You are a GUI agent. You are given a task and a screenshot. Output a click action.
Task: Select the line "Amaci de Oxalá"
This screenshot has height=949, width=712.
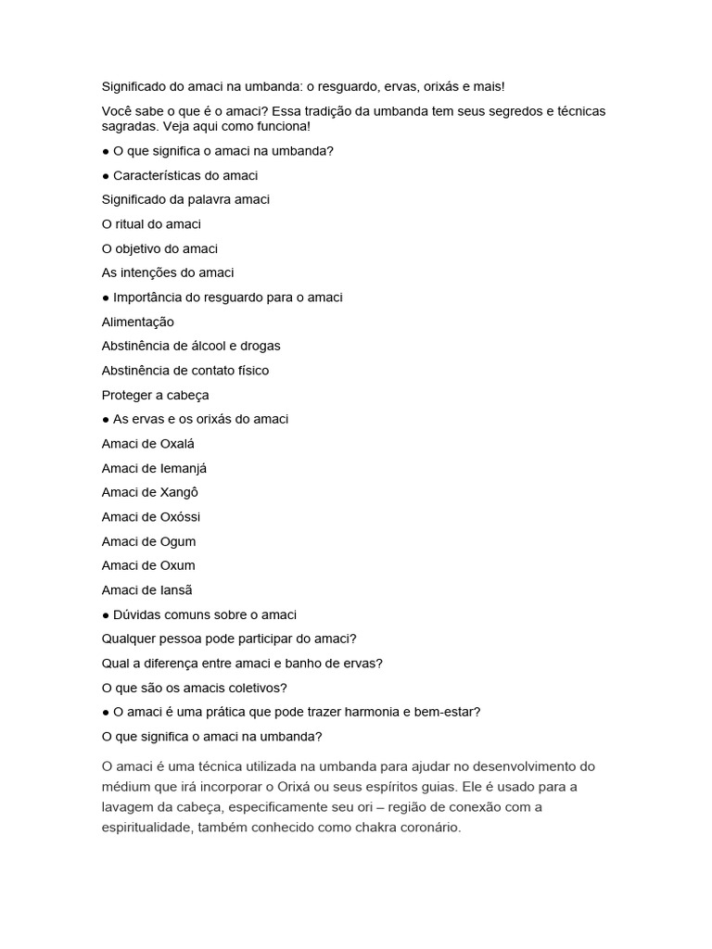coord(147,444)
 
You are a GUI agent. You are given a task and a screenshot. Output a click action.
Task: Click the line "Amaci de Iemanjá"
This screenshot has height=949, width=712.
coord(154,468)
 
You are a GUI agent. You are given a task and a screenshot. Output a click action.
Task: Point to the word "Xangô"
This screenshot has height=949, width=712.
coord(180,492)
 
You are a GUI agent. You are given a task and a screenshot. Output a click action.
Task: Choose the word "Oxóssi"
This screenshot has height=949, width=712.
coord(180,517)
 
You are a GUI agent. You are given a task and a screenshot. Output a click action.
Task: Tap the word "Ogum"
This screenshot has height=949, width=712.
coord(178,541)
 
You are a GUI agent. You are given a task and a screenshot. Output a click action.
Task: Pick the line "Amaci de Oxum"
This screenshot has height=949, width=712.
coord(148,565)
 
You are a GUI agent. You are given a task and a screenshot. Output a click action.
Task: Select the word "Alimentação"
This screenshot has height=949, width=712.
coord(137,322)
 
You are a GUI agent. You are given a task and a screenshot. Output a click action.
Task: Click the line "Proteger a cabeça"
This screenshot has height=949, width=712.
coord(155,395)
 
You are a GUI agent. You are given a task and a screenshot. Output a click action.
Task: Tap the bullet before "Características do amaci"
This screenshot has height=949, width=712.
coord(106,175)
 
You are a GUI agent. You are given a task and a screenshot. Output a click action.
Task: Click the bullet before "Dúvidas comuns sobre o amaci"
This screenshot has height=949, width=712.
coord(106,614)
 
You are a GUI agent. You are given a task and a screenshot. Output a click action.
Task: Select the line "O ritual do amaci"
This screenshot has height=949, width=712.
coord(151,224)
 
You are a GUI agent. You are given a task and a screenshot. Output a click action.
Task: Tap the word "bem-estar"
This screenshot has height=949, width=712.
coord(449,712)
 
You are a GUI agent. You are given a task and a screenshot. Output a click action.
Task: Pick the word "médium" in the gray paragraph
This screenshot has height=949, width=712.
coord(126,787)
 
